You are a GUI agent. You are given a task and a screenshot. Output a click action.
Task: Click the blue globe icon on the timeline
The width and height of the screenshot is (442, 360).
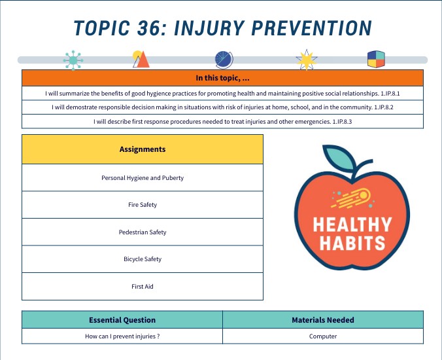pos(224,60)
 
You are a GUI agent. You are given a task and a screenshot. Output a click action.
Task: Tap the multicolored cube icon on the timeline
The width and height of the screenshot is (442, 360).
pos(376,60)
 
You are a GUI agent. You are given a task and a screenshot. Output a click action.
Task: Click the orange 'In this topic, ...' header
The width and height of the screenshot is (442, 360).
pos(222,78)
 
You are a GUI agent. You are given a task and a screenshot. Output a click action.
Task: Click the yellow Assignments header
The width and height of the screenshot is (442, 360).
pos(143,149)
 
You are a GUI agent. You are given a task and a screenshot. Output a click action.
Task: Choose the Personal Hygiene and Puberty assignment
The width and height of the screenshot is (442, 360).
pos(143,177)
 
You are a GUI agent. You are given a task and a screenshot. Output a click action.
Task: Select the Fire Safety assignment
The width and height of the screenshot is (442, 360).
pos(143,205)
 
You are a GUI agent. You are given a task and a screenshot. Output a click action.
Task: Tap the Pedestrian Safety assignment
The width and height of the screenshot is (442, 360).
pos(143,232)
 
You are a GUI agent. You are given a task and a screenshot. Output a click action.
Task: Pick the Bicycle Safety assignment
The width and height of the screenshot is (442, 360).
pos(143,259)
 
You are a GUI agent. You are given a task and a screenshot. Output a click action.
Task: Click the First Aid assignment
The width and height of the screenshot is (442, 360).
pos(143,287)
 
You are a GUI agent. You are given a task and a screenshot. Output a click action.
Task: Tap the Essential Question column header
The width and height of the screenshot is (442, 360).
pos(122,320)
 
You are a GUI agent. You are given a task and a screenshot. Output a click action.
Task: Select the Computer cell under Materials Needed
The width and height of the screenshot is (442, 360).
pos(323,336)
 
